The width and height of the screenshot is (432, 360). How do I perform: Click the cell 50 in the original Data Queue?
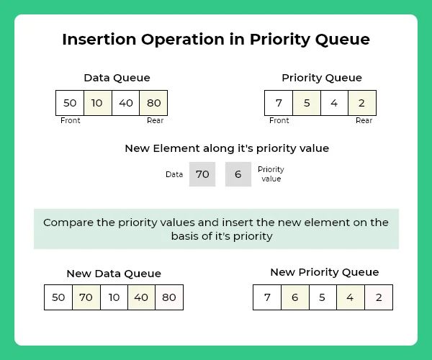coord(70,103)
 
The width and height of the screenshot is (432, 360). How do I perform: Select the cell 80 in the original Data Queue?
coord(153,103)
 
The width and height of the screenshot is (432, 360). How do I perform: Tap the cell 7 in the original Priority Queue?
coord(279,103)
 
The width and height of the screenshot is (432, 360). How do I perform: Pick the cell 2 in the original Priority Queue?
coord(361,103)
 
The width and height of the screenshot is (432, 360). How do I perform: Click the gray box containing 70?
coord(202,174)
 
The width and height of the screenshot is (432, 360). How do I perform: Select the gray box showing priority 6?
coord(238,174)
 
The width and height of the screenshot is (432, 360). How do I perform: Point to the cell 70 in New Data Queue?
coord(86,297)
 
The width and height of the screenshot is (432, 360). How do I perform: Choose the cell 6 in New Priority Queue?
coord(294,297)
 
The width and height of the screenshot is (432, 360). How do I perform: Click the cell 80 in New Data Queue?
coord(169,297)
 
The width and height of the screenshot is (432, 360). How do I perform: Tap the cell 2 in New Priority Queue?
coord(379,297)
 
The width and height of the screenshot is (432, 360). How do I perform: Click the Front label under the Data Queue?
coord(71,121)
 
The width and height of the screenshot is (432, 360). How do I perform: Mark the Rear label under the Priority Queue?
coord(364,121)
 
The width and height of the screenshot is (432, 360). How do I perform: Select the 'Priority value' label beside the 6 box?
coord(271,174)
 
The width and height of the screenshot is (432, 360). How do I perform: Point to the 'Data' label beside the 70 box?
coord(174,174)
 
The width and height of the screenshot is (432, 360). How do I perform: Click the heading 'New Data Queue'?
coord(114,274)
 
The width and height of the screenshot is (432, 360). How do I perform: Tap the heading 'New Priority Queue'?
coord(324,272)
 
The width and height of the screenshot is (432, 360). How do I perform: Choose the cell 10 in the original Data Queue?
coord(97,103)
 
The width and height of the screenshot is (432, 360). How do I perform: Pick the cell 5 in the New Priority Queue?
coord(323,297)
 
